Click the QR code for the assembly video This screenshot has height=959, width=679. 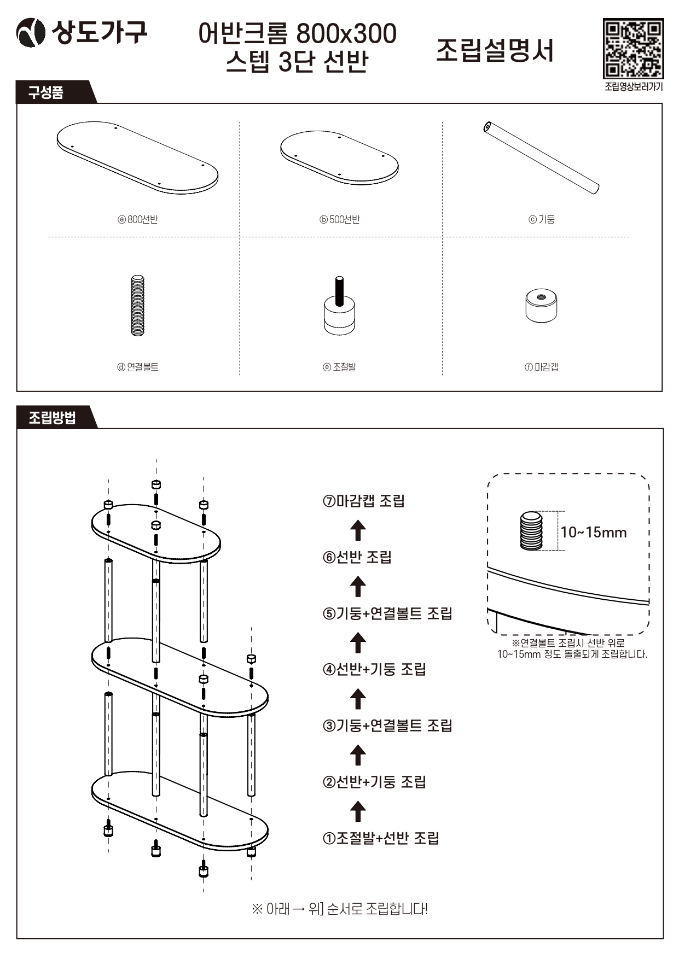pos(633,49)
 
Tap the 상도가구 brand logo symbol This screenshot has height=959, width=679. pos(31,33)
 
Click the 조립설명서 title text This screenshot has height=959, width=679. pos(495,50)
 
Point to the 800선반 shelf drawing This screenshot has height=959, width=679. pos(137,157)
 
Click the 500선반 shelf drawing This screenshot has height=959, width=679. pos(339,157)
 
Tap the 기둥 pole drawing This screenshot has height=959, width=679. pos(541,158)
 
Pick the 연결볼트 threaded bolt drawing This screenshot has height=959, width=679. pos(138,305)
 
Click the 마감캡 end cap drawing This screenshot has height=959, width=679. pos(541,306)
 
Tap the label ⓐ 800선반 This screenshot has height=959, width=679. pos(138,219)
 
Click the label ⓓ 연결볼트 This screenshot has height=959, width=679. pos(138,367)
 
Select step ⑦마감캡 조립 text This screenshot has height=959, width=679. pos(363,501)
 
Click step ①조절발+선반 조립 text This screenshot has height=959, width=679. pos(381,838)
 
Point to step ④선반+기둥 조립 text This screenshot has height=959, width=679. pos(374,669)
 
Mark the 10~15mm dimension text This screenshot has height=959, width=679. pos(594,532)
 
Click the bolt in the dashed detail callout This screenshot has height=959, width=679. pos(531,530)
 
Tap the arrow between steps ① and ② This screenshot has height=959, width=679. pos(358,811)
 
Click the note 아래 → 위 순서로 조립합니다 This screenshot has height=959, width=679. pos(339,909)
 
